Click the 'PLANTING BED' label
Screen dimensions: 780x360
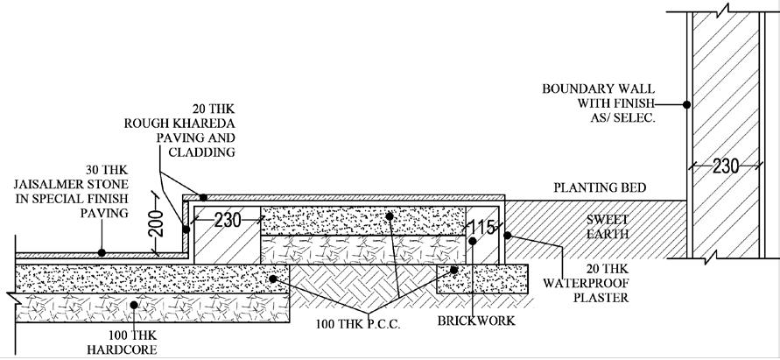click(599, 187)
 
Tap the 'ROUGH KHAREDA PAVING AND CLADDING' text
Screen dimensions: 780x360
click(197, 131)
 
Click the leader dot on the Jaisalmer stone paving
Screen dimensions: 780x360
click(102, 252)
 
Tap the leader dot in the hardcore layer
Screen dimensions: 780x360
click(134, 305)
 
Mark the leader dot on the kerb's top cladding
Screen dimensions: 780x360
click(203, 197)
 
